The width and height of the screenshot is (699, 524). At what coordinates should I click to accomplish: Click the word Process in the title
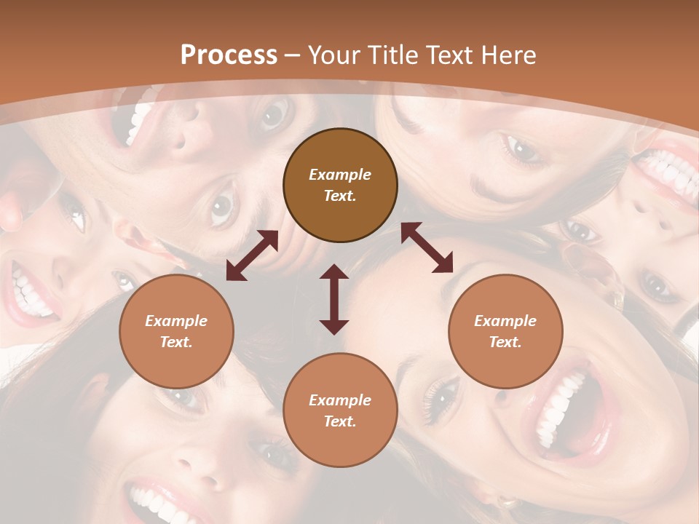[229, 55]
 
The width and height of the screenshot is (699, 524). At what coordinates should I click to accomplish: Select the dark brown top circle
[340, 186]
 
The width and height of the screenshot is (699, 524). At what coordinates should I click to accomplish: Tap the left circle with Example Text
[176, 331]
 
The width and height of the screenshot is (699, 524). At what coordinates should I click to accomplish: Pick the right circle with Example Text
[505, 331]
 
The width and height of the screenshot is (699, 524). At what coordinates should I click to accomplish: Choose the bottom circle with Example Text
[340, 410]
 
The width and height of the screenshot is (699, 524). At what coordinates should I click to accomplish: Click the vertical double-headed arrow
[334, 299]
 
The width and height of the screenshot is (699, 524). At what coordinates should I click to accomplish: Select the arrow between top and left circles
[252, 255]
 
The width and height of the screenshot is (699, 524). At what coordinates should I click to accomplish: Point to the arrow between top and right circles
[427, 247]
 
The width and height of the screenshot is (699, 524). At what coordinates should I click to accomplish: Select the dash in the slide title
[293, 55]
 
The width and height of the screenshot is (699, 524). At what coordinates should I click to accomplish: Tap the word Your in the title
[334, 55]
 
